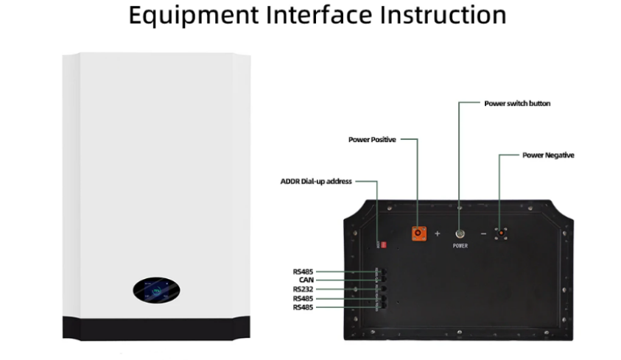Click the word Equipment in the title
click(x=194, y=15)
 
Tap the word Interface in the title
click(x=319, y=15)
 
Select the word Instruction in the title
click(x=443, y=15)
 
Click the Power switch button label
click(x=517, y=103)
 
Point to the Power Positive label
click(x=372, y=140)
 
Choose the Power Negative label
click(x=548, y=155)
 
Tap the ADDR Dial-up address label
click(x=316, y=181)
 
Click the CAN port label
click(x=306, y=280)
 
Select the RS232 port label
click(x=303, y=289)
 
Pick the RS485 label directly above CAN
click(x=303, y=272)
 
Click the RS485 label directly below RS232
click(x=303, y=299)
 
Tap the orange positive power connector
click(x=418, y=233)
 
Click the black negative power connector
click(x=501, y=233)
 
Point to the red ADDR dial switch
click(x=383, y=245)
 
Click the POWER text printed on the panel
click(x=460, y=246)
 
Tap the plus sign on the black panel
click(x=438, y=233)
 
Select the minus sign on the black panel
click(x=483, y=234)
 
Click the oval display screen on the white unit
click(x=156, y=290)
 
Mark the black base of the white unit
click(x=156, y=328)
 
